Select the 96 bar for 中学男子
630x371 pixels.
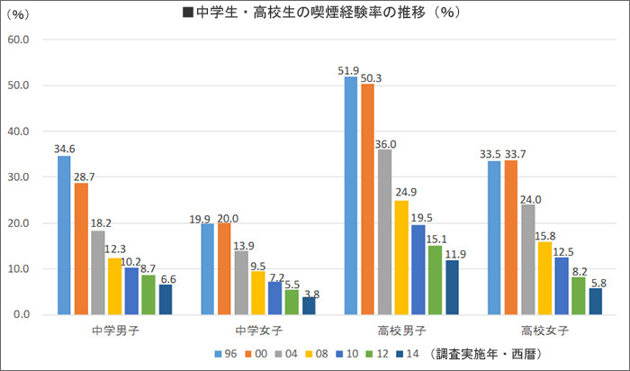(x=64, y=235)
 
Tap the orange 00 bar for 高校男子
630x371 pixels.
(x=367, y=199)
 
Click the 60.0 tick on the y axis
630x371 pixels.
(x=19, y=40)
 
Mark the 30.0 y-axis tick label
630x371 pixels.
(x=19, y=177)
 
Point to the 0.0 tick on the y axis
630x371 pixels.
(x=22, y=315)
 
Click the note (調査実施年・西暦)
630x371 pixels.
(x=488, y=354)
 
